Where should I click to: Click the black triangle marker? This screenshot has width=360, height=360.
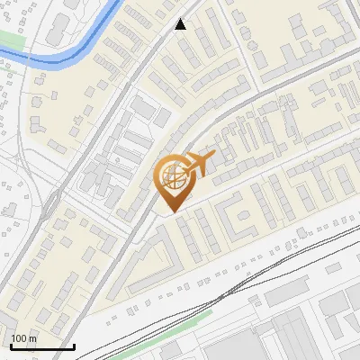coord(181,24)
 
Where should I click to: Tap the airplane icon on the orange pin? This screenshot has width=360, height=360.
coord(196,164)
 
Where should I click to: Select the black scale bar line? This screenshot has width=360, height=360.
coord(41,346)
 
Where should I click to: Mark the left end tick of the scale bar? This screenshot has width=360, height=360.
coord(10,345)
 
